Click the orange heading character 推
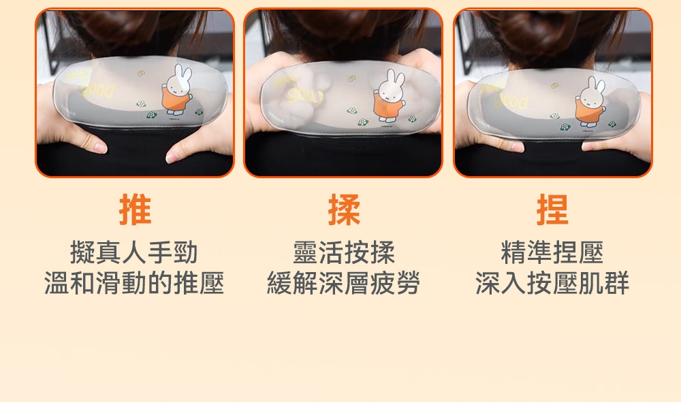tap(135, 210)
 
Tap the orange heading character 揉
tap(344, 210)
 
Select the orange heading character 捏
tap(552, 210)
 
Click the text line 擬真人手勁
tap(134, 253)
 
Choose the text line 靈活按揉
tap(344, 253)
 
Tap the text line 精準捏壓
tap(552, 253)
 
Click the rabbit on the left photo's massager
tap(178, 90)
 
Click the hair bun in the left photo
tap(133, 31)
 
